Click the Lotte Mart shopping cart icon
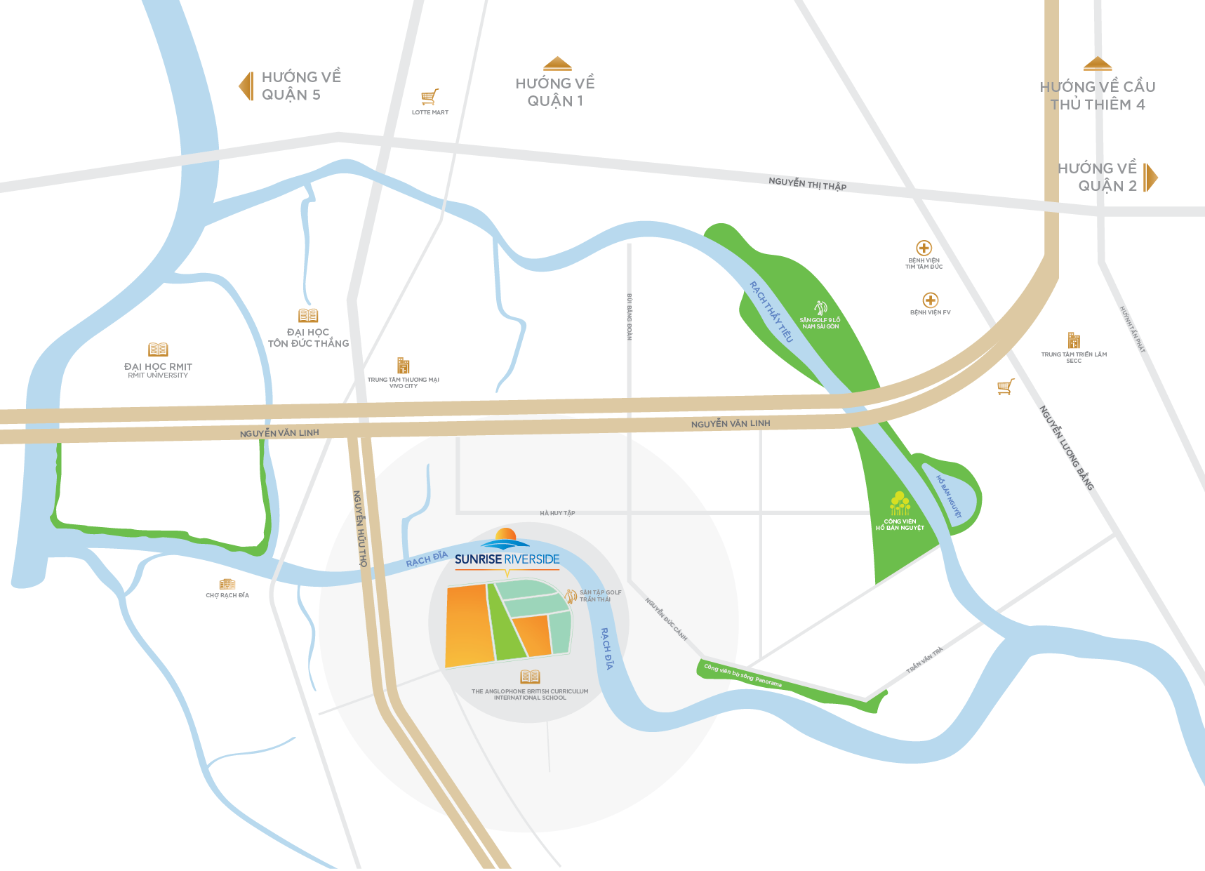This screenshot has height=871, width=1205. [x=430, y=97]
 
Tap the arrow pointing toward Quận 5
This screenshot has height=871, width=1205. [x=246, y=86]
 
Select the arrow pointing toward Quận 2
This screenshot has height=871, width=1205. [x=1150, y=178]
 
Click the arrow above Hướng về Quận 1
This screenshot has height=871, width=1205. [x=557, y=64]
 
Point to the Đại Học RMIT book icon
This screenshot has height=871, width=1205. [x=158, y=350]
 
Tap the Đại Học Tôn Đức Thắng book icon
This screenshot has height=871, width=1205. [x=308, y=316]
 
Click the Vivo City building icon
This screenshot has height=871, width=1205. [x=403, y=366]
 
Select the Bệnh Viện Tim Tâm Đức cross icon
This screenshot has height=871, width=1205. [x=924, y=248]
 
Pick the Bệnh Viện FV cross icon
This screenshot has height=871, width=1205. [x=931, y=300]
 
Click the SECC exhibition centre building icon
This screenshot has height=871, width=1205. [x=1074, y=340]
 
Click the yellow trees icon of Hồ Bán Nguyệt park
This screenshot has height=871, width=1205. [x=900, y=504]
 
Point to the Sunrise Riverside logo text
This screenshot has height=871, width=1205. [x=507, y=559]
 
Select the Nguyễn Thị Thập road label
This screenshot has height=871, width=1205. [x=807, y=184]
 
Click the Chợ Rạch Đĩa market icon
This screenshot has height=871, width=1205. [x=227, y=584]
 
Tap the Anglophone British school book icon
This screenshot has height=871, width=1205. [x=530, y=677]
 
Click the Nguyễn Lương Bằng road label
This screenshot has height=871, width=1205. [x=1066, y=447]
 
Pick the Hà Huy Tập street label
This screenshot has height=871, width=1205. [x=557, y=513]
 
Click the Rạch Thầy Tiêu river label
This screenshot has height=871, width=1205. [x=771, y=312]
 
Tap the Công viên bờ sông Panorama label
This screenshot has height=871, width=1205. [x=743, y=675]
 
